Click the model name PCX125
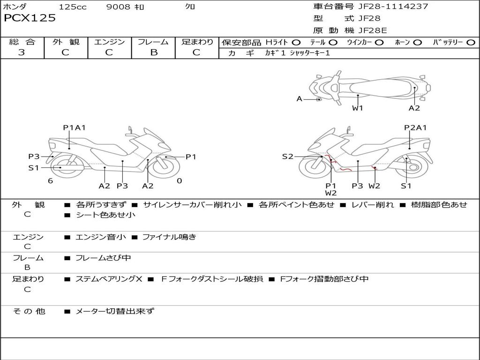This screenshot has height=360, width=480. pyautogui.click(x=30, y=18)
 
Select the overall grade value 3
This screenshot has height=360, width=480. pyautogui.click(x=22, y=52)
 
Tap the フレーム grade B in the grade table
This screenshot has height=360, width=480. pyautogui.click(x=153, y=52)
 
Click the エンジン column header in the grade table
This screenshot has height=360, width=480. pyautogui.click(x=109, y=42)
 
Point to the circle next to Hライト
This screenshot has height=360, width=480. pyautogui.click(x=296, y=42)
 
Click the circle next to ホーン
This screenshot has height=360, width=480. pyautogui.click(x=418, y=42)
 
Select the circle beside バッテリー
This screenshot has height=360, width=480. pyautogui.click(x=471, y=42)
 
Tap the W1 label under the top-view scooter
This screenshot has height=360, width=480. pyautogui.click(x=358, y=108)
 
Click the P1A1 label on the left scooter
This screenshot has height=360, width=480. pyautogui.click(x=75, y=127)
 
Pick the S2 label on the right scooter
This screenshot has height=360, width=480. pyautogui.click(x=287, y=157)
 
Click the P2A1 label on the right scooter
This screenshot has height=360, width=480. pyautogui.click(x=415, y=127)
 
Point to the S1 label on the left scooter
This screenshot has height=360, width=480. pyautogui.click(x=34, y=167)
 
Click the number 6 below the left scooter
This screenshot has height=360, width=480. pyautogui.click(x=50, y=181)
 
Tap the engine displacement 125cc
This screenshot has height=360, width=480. pyautogui.click(x=72, y=7)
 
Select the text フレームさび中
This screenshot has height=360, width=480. pyautogui.click(x=103, y=258)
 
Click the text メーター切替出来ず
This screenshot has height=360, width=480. pyautogui.click(x=115, y=311)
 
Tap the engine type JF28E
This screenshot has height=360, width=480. pyautogui.click(x=373, y=30)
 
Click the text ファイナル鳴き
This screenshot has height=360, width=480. pyautogui.click(x=169, y=237)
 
